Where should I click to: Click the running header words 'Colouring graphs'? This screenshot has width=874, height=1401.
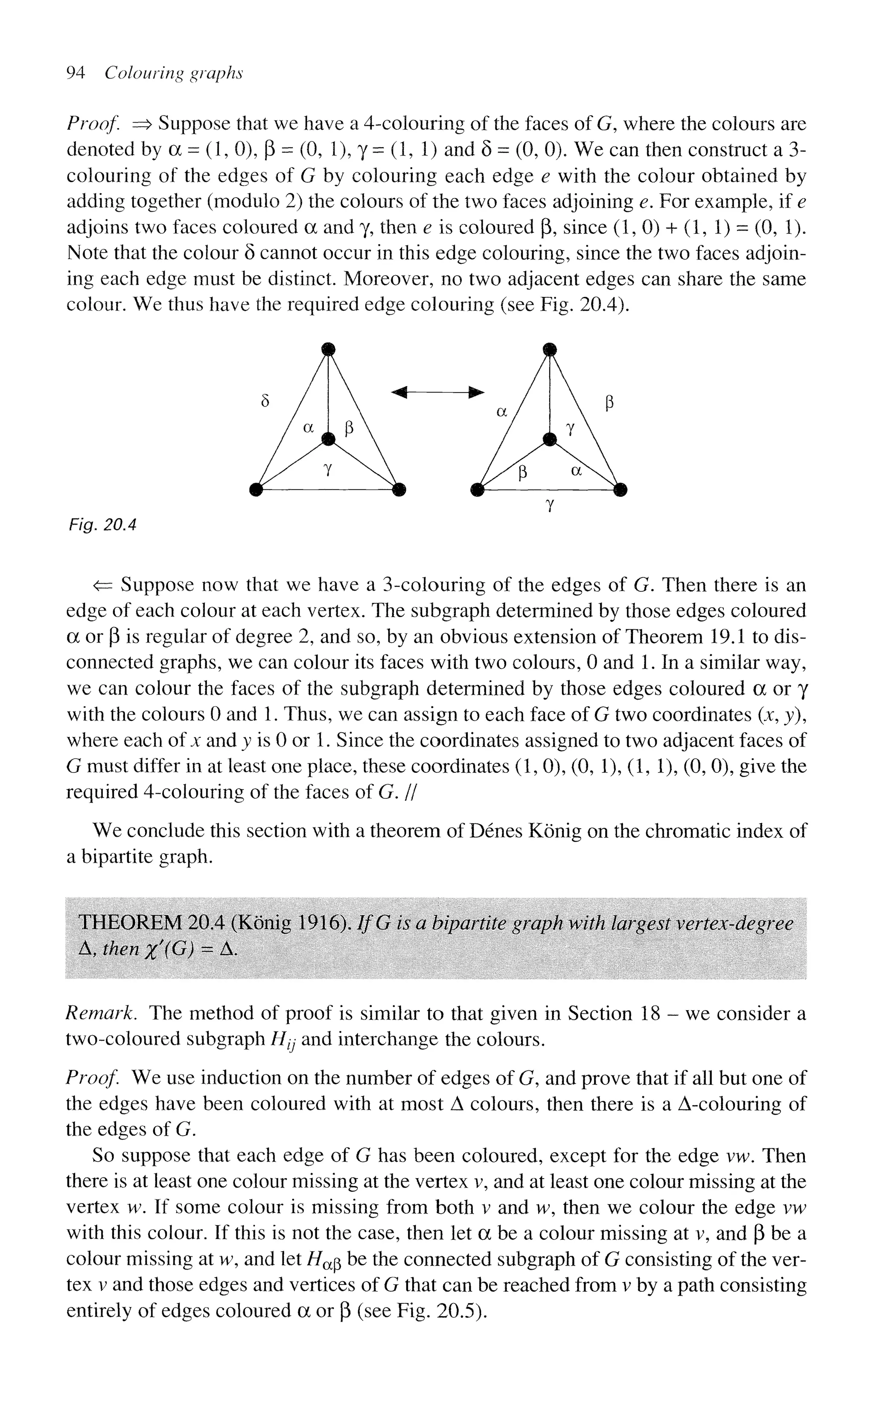(x=173, y=73)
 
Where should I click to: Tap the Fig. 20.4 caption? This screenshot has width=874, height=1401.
(x=102, y=525)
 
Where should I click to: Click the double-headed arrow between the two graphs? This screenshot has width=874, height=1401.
(x=437, y=393)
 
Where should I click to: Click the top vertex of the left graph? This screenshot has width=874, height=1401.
(x=328, y=349)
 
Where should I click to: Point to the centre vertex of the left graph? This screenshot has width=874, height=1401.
(x=328, y=439)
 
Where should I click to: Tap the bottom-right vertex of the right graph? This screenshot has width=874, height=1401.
(x=620, y=490)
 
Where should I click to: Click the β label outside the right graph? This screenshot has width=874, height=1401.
(x=609, y=403)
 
